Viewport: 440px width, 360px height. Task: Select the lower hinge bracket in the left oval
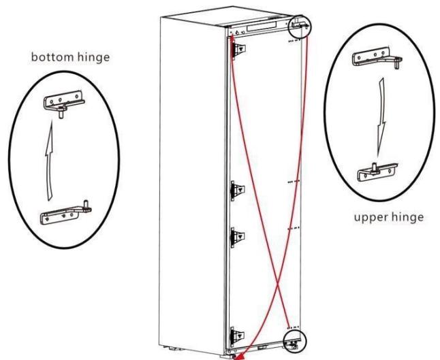(x=66, y=214)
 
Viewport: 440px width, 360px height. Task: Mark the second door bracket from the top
(x=238, y=189)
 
